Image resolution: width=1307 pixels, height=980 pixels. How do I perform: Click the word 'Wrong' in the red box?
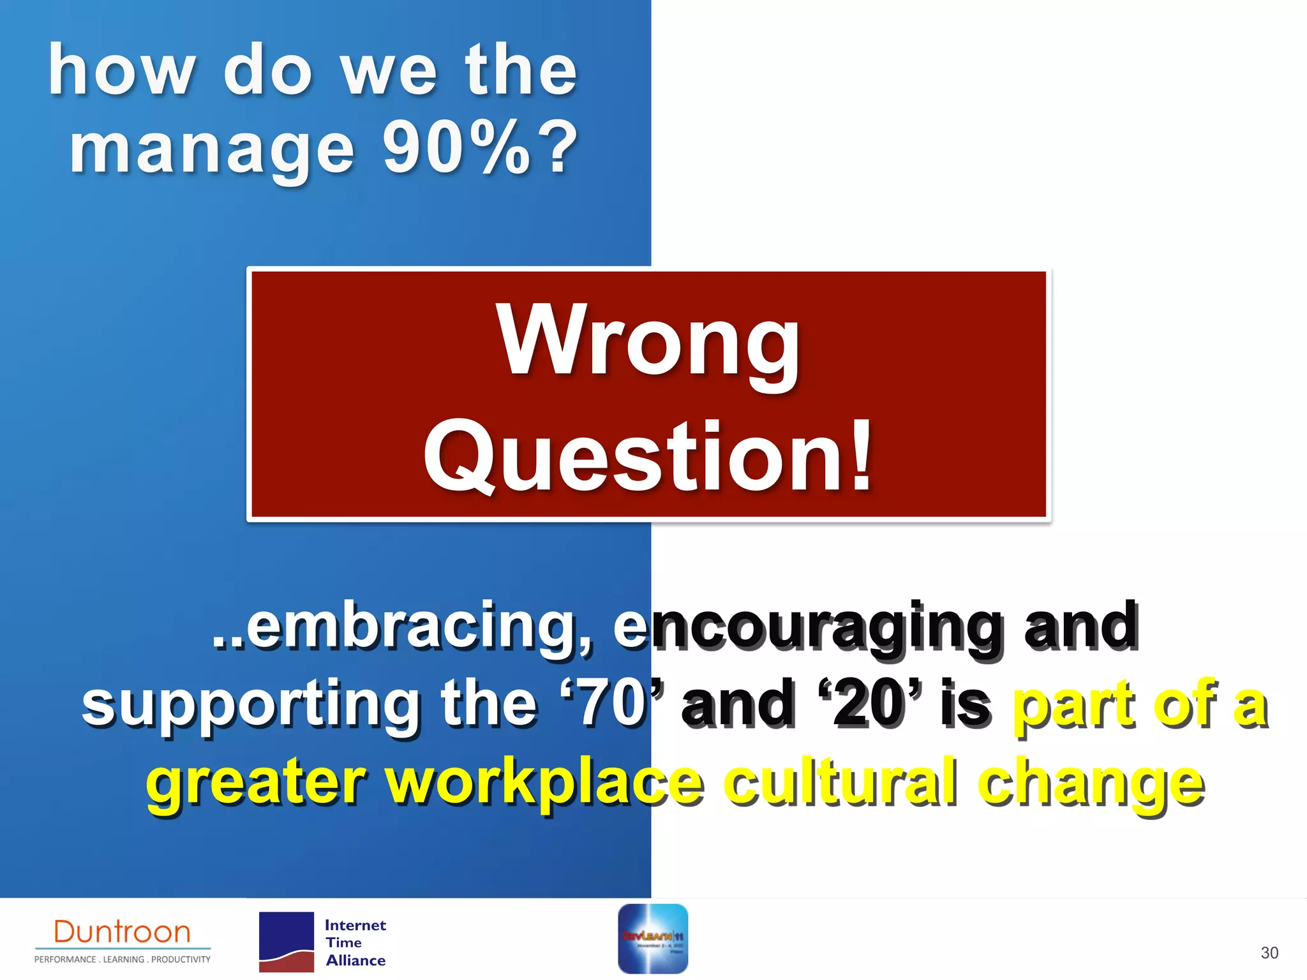tap(648, 341)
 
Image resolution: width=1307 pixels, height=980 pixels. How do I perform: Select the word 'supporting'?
tap(249, 705)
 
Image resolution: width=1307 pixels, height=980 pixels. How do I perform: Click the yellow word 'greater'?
tap(255, 783)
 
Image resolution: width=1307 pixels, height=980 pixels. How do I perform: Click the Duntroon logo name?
tap(122, 932)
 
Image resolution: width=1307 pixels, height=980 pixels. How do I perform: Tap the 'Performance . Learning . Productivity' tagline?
tap(122, 960)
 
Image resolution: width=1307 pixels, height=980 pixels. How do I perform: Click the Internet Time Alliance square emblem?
tap(287, 942)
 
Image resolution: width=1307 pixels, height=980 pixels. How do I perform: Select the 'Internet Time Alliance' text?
tap(355, 942)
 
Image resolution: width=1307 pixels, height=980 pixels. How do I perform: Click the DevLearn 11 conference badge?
tap(653, 939)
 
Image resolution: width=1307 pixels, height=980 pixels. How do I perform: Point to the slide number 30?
tap(1269, 953)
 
